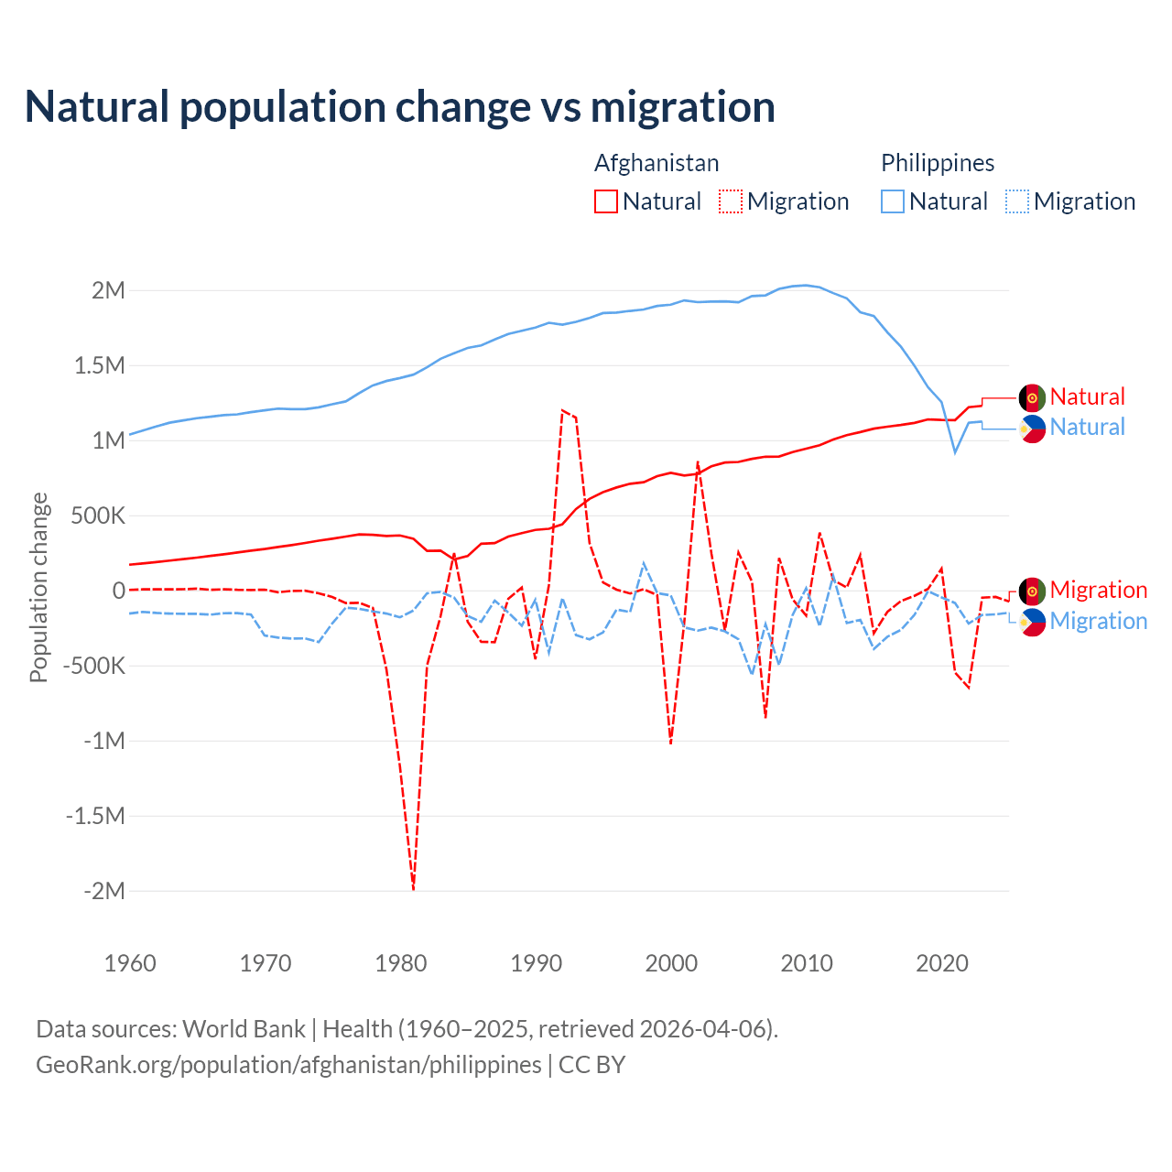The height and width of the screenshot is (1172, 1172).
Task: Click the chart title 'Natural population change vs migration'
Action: point(400,107)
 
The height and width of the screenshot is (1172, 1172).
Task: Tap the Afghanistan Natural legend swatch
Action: point(605,201)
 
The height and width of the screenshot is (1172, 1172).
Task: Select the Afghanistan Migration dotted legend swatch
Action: point(730,201)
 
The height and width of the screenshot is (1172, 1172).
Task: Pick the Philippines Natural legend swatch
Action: point(892,201)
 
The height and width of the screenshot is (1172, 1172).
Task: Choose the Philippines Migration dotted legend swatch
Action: point(1016,201)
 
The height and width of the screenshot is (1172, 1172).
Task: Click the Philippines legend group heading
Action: point(937,163)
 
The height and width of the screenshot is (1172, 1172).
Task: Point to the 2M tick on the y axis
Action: point(108,291)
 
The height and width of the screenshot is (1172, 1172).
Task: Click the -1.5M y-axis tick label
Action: point(95,816)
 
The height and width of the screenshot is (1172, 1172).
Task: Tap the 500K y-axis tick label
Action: point(98,516)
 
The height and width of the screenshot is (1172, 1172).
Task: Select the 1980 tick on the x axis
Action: point(401,963)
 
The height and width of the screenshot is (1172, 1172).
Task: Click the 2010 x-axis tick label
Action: point(807,963)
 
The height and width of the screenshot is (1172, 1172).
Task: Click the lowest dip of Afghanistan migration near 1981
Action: point(414,888)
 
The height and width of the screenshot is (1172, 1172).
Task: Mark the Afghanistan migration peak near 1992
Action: point(562,410)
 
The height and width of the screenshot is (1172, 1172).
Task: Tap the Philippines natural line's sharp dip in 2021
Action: point(955,451)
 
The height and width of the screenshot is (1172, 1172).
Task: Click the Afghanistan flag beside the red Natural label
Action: point(1032,397)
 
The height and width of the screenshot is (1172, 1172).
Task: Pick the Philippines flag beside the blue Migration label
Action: point(1032,622)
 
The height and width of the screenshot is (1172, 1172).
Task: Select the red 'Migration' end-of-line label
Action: point(1098,590)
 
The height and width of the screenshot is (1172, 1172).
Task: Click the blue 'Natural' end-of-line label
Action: point(1087,428)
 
